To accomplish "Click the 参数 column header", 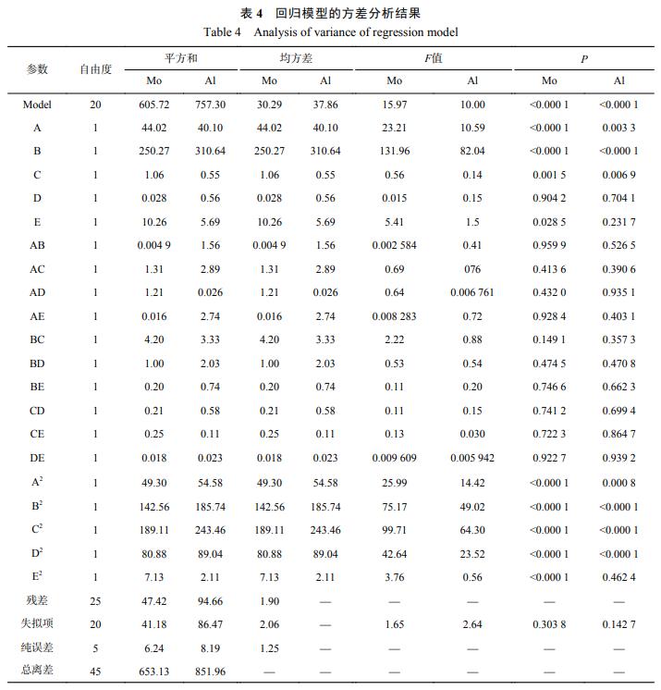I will [37, 69].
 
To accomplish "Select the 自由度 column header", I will [95, 69].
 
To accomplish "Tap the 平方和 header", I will [182, 58].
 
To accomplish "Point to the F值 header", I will [433, 58].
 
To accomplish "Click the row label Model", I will [37, 105].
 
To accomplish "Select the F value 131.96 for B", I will [395, 151].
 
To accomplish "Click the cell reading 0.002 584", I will [395, 245].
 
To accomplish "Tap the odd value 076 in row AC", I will [473, 268].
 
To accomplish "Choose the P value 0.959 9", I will [549, 245].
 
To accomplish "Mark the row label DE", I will [37, 458].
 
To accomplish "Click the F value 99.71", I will [395, 530].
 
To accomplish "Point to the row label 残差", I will [37, 600].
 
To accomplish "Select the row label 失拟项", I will [37, 624].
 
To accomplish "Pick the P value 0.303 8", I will [549, 624].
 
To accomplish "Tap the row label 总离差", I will [37, 672].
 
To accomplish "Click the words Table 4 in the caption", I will [222, 32].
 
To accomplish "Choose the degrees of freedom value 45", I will [95, 672].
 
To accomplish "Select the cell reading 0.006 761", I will [473, 292].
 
